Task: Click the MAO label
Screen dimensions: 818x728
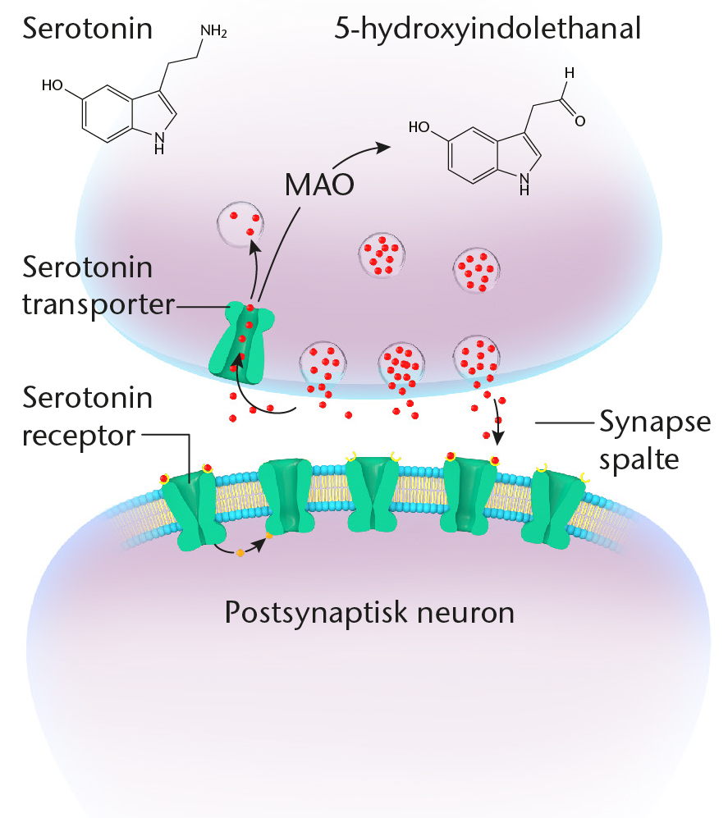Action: click(x=318, y=185)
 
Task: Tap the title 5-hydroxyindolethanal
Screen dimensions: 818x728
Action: click(x=488, y=30)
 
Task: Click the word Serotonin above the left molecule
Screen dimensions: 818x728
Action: click(x=88, y=30)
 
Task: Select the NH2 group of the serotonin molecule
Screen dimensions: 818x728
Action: click(x=213, y=33)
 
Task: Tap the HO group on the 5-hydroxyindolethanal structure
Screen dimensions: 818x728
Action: click(x=419, y=127)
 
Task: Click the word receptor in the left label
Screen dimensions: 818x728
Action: click(x=78, y=435)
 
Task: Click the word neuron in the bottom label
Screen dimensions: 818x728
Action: click(x=465, y=612)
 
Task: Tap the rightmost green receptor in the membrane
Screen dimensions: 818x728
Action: click(x=558, y=509)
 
